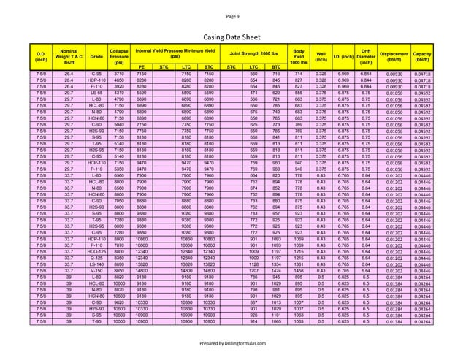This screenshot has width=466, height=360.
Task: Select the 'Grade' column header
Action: [x=94, y=54]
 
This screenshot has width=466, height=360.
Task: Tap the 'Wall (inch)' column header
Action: [x=321, y=55]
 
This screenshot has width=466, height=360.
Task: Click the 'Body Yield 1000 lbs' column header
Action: [x=298, y=55]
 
